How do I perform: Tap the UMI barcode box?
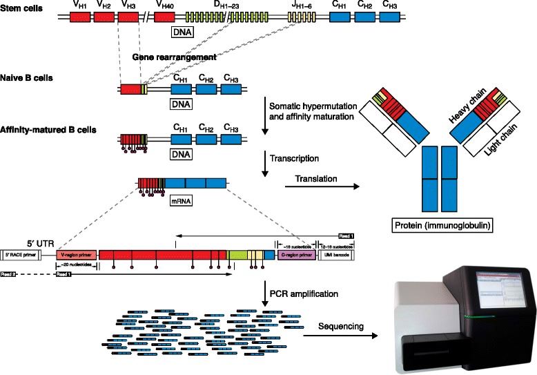336,254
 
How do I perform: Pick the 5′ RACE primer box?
21,254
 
